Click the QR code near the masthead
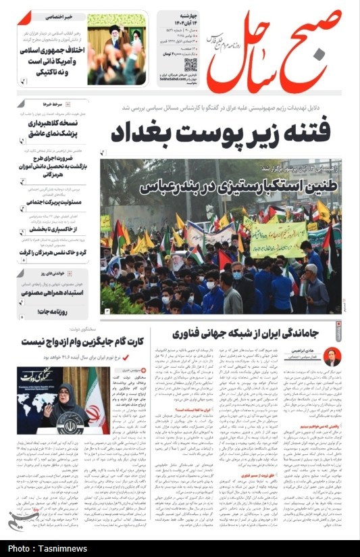point(190,66)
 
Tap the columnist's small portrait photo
point(332,356)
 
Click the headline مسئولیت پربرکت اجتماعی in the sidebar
point(55,202)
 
